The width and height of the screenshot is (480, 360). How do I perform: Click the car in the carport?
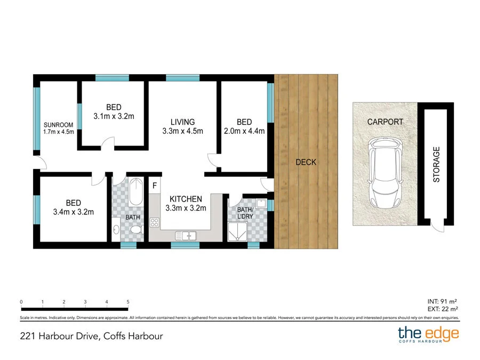(385, 174)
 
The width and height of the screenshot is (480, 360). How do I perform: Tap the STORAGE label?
(436, 165)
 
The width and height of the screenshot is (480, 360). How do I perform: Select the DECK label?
(306, 162)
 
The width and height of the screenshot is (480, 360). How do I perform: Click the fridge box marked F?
(155, 186)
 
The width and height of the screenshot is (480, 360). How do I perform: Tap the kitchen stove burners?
(155, 223)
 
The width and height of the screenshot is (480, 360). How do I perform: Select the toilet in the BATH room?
(137, 230)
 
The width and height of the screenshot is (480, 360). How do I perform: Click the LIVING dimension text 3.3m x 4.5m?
(182, 132)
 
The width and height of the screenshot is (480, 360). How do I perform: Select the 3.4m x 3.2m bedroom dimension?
(73, 212)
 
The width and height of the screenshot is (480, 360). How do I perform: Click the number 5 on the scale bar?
(128, 302)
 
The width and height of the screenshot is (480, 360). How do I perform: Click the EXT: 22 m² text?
(443, 309)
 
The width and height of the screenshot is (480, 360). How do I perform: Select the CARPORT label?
(385, 122)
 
